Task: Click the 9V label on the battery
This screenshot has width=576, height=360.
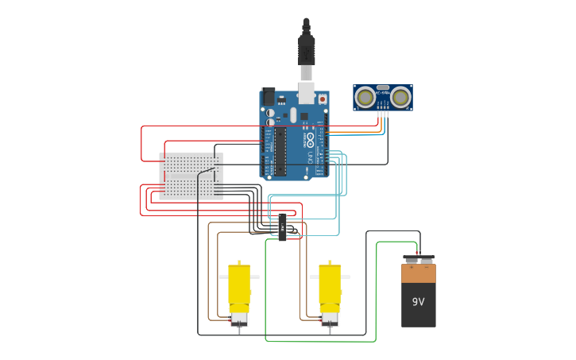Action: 418,302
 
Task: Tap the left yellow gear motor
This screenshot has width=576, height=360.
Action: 239,286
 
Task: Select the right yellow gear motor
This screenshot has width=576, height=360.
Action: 330,286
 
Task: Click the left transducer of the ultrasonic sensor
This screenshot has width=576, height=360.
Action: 365,97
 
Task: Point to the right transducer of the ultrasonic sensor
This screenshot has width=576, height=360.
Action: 400,97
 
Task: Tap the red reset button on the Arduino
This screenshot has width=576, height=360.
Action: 323,99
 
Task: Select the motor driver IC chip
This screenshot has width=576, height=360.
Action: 283,226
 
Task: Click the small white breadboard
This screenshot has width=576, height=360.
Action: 191,176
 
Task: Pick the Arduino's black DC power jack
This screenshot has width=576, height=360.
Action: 269,97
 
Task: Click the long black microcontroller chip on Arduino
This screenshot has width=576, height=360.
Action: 280,151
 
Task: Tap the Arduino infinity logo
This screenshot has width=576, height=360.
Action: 310,138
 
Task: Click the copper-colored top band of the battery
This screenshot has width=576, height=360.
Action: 419,273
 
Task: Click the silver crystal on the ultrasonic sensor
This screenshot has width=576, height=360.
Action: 383,88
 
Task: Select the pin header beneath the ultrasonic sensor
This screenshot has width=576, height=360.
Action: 383,113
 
